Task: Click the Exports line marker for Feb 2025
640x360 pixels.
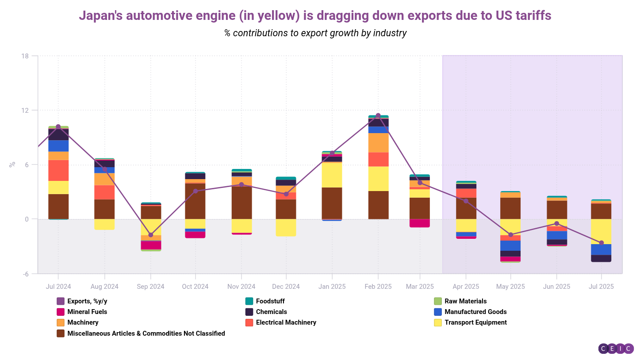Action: tap(378, 116)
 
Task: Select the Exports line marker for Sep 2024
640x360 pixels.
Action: tap(150, 235)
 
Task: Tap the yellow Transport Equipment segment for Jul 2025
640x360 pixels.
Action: tap(601, 231)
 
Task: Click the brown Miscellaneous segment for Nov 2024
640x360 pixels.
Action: tap(241, 202)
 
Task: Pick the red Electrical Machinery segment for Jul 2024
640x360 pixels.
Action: tap(58, 170)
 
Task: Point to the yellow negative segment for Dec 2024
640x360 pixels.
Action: tap(286, 228)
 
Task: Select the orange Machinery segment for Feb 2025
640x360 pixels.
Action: tap(378, 143)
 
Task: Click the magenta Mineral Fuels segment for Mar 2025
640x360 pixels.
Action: tap(420, 223)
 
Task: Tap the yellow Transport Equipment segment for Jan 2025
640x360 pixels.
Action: tap(332, 175)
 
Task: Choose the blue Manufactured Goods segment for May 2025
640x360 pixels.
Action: tap(510, 245)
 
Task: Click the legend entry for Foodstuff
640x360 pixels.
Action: tap(270, 301)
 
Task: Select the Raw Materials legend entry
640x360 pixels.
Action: tap(465, 301)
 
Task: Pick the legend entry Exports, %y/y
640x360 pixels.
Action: tap(87, 301)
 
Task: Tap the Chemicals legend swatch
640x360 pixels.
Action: tap(249, 312)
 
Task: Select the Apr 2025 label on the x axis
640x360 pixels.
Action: tap(466, 287)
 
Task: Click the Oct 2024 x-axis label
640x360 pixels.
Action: tap(195, 287)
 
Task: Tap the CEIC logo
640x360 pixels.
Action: tap(616, 349)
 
